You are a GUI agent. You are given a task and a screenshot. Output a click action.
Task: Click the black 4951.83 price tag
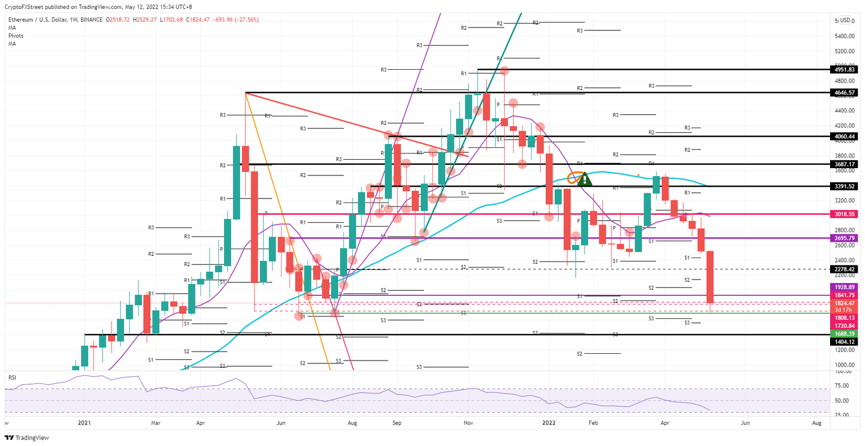pos(844,70)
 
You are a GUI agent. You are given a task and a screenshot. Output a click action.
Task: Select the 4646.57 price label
pos(844,92)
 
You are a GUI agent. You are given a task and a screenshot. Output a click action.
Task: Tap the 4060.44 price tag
pos(844,136)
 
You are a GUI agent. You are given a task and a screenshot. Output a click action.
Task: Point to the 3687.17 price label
pos(844,164)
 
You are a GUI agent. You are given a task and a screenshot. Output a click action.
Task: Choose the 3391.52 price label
pos(844,186)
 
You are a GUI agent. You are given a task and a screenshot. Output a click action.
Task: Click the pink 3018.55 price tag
pos(844,214)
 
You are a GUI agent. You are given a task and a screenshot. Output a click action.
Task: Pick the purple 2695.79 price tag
pos(844,238)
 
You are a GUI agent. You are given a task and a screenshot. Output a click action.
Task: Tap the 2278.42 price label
pos(844,269)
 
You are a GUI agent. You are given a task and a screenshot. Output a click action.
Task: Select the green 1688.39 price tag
pos(844,334)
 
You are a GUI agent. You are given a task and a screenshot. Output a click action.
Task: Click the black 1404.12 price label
pos(844,341)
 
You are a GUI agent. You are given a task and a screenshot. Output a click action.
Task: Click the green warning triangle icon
pos(585,179)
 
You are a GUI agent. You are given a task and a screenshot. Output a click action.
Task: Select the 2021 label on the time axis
pos(84,422)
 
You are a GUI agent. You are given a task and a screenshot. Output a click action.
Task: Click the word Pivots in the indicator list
pos(16,35)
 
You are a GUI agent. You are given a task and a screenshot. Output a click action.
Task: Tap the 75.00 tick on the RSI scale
pos(842,386)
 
